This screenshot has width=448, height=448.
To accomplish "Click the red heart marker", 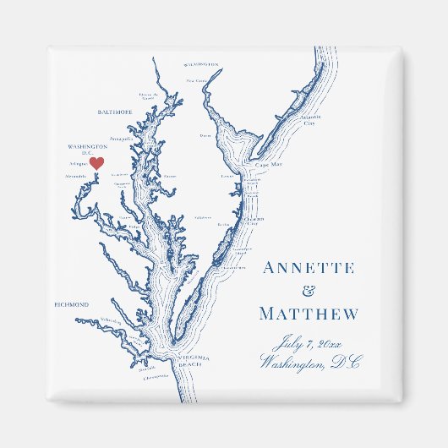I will pyautogui.click(x=96, y=162).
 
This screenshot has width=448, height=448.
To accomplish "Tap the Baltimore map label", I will pyautogui.click(x=116, y=112).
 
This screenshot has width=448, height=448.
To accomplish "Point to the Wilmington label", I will pyautogui.click(x=200, y=64).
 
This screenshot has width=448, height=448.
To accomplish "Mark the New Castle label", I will pyautogui.click(x=197, y=81).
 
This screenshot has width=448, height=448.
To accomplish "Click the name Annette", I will pyautogui.click(x=309, y=269).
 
